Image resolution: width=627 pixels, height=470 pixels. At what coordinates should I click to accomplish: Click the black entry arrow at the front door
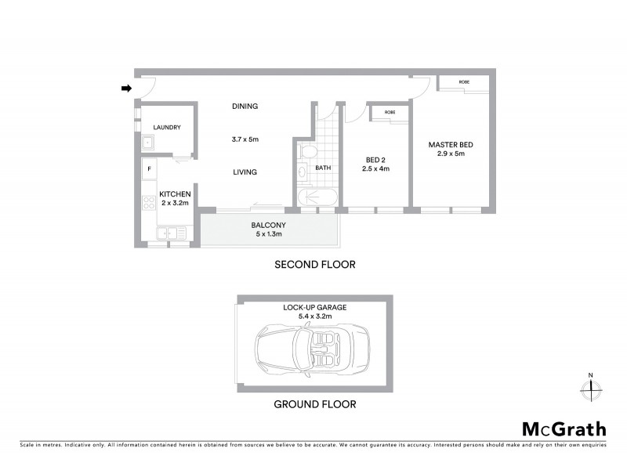click(x=126, y=89)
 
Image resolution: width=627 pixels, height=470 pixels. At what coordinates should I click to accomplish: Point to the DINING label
click(x=245, y=106)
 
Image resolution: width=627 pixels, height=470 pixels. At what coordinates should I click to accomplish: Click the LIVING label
click(x=245, y=172)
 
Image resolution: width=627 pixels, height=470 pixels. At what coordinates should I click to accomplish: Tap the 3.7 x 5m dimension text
click(x=245, y=139)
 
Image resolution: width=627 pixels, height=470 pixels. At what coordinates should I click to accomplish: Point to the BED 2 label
click(x=375, y=159)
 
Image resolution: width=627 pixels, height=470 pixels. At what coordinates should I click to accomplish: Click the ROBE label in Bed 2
click(x=390, y=112)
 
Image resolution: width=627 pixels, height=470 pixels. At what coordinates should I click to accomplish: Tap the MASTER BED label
click(x=451, y=145)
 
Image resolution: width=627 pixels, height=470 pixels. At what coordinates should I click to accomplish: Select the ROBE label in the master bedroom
click(x=464, y=81)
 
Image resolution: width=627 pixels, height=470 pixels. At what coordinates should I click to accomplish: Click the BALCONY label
click(x=268, y=226)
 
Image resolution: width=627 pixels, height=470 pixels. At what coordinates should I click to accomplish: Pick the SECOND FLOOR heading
click(x=314, y=265)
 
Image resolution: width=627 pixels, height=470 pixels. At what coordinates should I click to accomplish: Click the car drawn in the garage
click(x=313, y=350)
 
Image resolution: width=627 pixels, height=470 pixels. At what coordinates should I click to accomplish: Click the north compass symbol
click(x=593, y=386)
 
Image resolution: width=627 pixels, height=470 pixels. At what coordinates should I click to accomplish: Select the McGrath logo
click(x=564, y=428)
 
